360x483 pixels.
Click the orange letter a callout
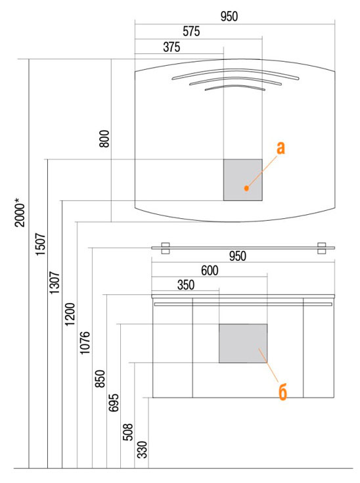pos(281,148)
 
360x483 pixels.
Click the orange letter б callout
pos(282,392)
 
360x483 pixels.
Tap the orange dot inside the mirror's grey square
pos(246,188)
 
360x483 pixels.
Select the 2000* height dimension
pos(20,213)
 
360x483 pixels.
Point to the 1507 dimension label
pos(41,244)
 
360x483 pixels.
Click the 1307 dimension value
pos(55,283)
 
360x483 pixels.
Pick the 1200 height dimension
pos(70,314)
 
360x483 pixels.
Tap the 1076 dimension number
pos(85,343)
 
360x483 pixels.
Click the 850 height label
pos(100,379)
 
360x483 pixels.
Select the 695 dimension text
pos(114,403)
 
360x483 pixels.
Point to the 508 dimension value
pos(128,432)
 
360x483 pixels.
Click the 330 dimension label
pos(143,450)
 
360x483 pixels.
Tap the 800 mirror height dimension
pos(104,139)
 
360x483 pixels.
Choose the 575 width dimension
pos(191,32)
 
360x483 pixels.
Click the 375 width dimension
pos(171,47)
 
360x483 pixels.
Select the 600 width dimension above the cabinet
pos(210,271)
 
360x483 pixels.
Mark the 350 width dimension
pos(186,285)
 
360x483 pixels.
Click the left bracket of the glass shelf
pos(166,248)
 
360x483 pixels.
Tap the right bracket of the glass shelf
pos(322,248)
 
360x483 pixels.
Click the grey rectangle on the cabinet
pos(243,343)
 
